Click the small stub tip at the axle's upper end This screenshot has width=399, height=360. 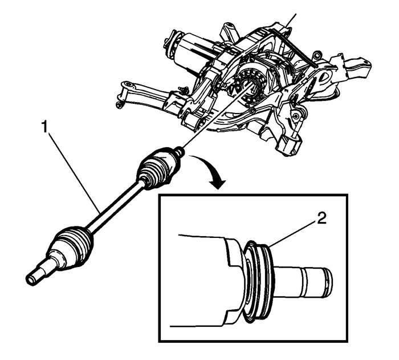point(178,152)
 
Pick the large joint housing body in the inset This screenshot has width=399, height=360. point(211,274)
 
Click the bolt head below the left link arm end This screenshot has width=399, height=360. point(119,105)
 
